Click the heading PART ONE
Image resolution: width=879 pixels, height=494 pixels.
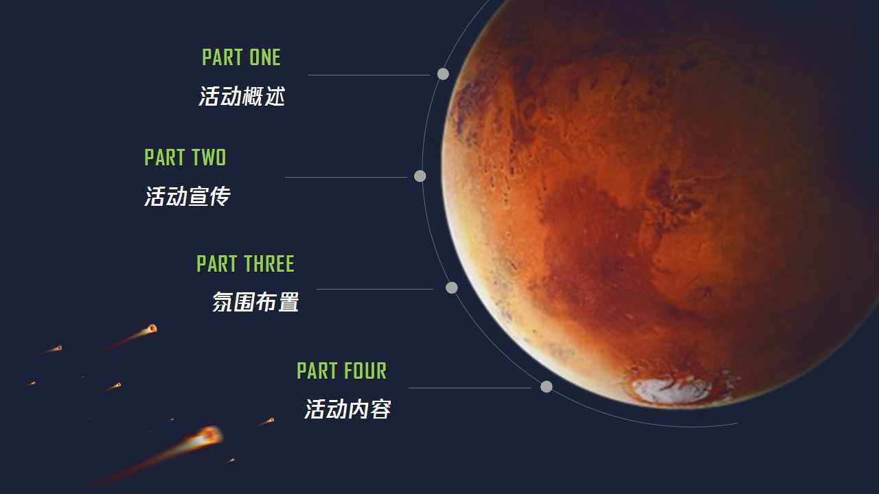click(x=241, y=57)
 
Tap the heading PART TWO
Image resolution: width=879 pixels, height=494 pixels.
click(x=185, y=157)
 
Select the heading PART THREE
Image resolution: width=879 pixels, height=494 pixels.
click(x=245, y=263)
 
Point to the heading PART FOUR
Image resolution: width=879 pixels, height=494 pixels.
click(x=342, y=371)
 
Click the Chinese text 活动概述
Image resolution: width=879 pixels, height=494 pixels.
click(x=242, y=96)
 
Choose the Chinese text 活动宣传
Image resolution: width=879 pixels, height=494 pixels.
click(x=187, y=196)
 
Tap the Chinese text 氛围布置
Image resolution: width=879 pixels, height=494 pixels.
click(x=255, y=302)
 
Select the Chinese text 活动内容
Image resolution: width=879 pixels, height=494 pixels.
click(x=347, y=409)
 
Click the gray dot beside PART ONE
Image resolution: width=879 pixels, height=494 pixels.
click(x=443, y=73)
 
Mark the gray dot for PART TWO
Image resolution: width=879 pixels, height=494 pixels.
click(x=420, y=176)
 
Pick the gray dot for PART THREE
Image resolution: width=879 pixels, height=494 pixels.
click(x=452, y=287)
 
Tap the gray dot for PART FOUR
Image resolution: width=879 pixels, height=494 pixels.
click(x=546, y=386)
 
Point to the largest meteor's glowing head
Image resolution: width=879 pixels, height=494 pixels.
click(x=209, y=436)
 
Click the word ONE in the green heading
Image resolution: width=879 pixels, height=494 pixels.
click(x=265, y=57)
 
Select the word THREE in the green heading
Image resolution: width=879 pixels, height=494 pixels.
click(x=269, y=263)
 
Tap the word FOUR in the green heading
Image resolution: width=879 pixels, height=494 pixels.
click(x=365, y=371)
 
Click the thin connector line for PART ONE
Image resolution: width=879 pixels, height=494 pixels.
click(x=369, y=75)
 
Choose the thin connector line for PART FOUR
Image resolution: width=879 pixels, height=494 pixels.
click(x=470, y=388)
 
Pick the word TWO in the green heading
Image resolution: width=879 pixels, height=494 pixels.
click(x=209, y=157)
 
